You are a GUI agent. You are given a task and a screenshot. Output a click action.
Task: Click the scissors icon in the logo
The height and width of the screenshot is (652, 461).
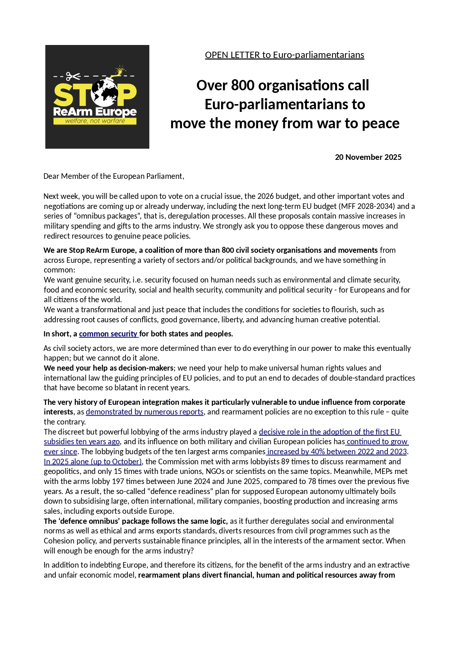[73, 77]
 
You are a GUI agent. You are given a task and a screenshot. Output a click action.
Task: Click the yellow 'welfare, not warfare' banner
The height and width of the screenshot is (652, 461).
[95, 121]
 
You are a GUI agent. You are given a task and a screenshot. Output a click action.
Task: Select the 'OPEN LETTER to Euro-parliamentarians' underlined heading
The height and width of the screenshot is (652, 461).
[285, 55]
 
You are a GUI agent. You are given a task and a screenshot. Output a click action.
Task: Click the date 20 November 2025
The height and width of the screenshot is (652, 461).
[368, 157]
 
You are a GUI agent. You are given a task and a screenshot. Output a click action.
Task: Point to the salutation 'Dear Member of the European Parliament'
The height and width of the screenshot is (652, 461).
[114, 176]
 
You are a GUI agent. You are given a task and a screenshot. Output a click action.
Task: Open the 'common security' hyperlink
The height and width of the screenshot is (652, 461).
[108, 334]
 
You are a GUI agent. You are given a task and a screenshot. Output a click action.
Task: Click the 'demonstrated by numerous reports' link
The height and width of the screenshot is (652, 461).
[145, 412]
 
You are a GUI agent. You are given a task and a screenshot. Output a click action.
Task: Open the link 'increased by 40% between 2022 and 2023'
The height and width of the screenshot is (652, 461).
[337, 452]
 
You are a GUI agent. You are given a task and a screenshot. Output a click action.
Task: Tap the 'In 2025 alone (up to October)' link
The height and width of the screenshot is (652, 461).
[93, 462]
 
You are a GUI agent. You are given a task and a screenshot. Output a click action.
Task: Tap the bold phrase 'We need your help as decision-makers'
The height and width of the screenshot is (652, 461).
[108, 368]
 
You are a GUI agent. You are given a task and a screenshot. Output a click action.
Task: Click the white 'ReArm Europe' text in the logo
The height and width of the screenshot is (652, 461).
[95, 112]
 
